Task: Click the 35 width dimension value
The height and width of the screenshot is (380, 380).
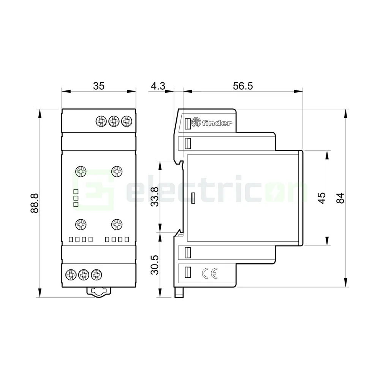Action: coord(98,86)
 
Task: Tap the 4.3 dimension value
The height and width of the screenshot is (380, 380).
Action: coord(158,86)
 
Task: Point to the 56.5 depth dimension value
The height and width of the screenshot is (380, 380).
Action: coord(243,86)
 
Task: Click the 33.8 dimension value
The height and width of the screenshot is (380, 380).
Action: coord(155,197)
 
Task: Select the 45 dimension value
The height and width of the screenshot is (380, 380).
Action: coord(321,198)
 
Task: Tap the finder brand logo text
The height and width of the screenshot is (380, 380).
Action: coord(216,123)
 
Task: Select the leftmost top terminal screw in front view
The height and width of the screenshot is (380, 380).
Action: coord(101,121)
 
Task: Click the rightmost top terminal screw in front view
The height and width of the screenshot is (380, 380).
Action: coord(126,121)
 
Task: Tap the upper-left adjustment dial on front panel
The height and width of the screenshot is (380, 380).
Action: coord(81,172)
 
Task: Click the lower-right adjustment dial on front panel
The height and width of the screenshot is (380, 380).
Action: coord(117,225)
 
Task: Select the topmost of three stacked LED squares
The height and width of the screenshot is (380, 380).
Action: coord(76,192)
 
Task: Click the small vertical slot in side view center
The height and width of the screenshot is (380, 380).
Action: coord(193,198)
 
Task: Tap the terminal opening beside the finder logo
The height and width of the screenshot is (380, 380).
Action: coord(187,123)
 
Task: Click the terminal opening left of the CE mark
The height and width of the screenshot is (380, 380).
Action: coord(187,273)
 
